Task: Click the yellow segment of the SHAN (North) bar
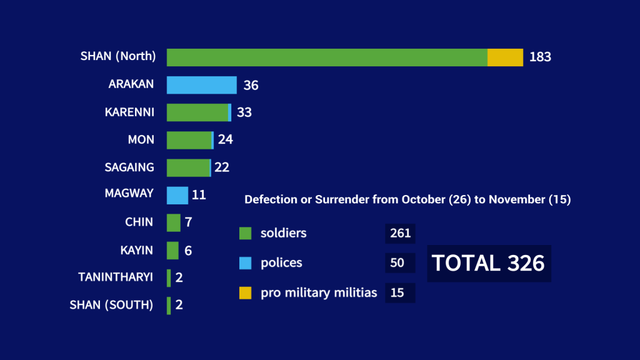(505, 57)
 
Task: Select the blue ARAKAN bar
(201, 85)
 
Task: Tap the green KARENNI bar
(197, 112)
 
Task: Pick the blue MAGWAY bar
(177, 195)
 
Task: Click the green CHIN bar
(173, 222)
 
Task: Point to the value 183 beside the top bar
(540, 57)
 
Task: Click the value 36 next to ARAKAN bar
(251, 86)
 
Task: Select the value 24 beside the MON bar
(225, 140)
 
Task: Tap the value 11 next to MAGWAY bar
(199, 195)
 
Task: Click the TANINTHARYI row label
(116, 277)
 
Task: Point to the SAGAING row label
(129, 167)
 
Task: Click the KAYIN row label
(136, 250)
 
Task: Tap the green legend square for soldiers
(245, 234)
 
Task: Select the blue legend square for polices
(245, 263)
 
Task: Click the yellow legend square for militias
(245, 292)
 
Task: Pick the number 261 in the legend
(400, 234)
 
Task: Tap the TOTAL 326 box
(488, 263)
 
